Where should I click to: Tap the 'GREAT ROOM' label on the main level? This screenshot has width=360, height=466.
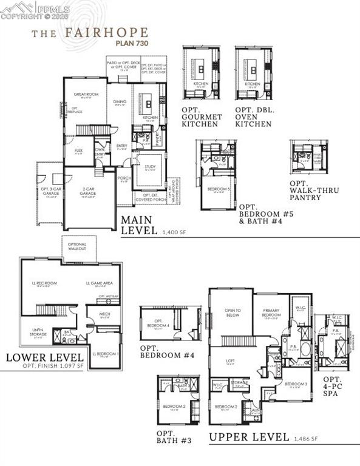coord(86,95)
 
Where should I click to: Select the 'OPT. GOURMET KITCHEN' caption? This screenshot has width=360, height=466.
coord(202,116)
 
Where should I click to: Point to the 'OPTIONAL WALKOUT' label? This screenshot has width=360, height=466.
coord(77,245)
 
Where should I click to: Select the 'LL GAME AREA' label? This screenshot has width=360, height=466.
coord(98,283)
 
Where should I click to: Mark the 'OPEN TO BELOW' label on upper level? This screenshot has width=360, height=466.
coord(233,312)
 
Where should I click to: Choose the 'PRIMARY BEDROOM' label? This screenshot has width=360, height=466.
coord(271,312)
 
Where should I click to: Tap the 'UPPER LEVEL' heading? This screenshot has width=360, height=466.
coord(249,436)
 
